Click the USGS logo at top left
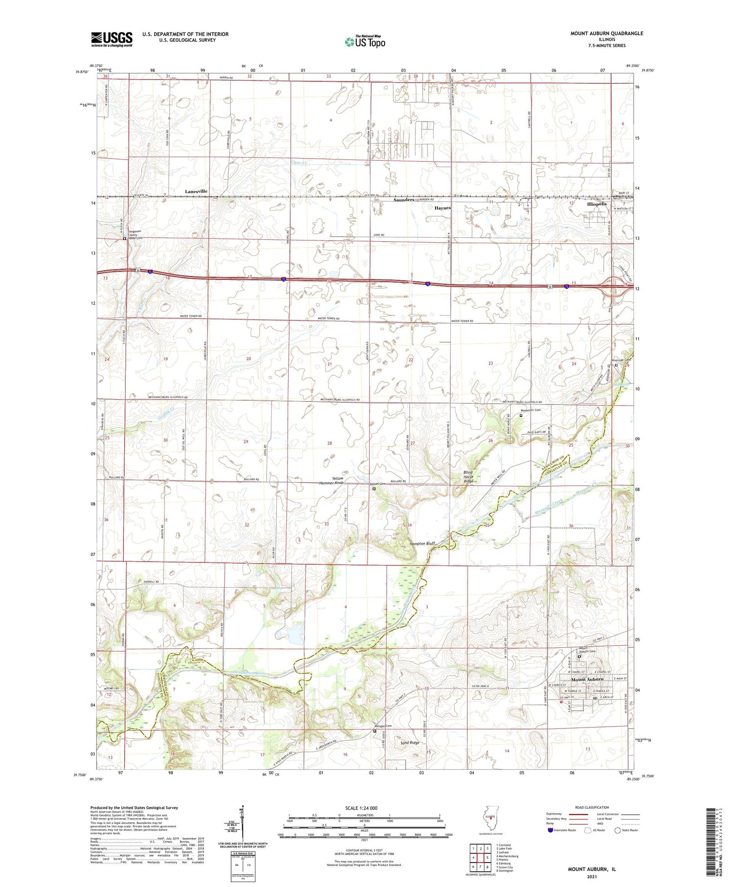(112, 39)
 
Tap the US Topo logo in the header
(365, 42)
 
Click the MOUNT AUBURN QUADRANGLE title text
(606, 33)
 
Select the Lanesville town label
(196, 191)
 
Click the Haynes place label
(442, 208)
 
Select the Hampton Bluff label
(422, 543)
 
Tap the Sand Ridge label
(410, 743)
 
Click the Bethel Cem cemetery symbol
(374, 488)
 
